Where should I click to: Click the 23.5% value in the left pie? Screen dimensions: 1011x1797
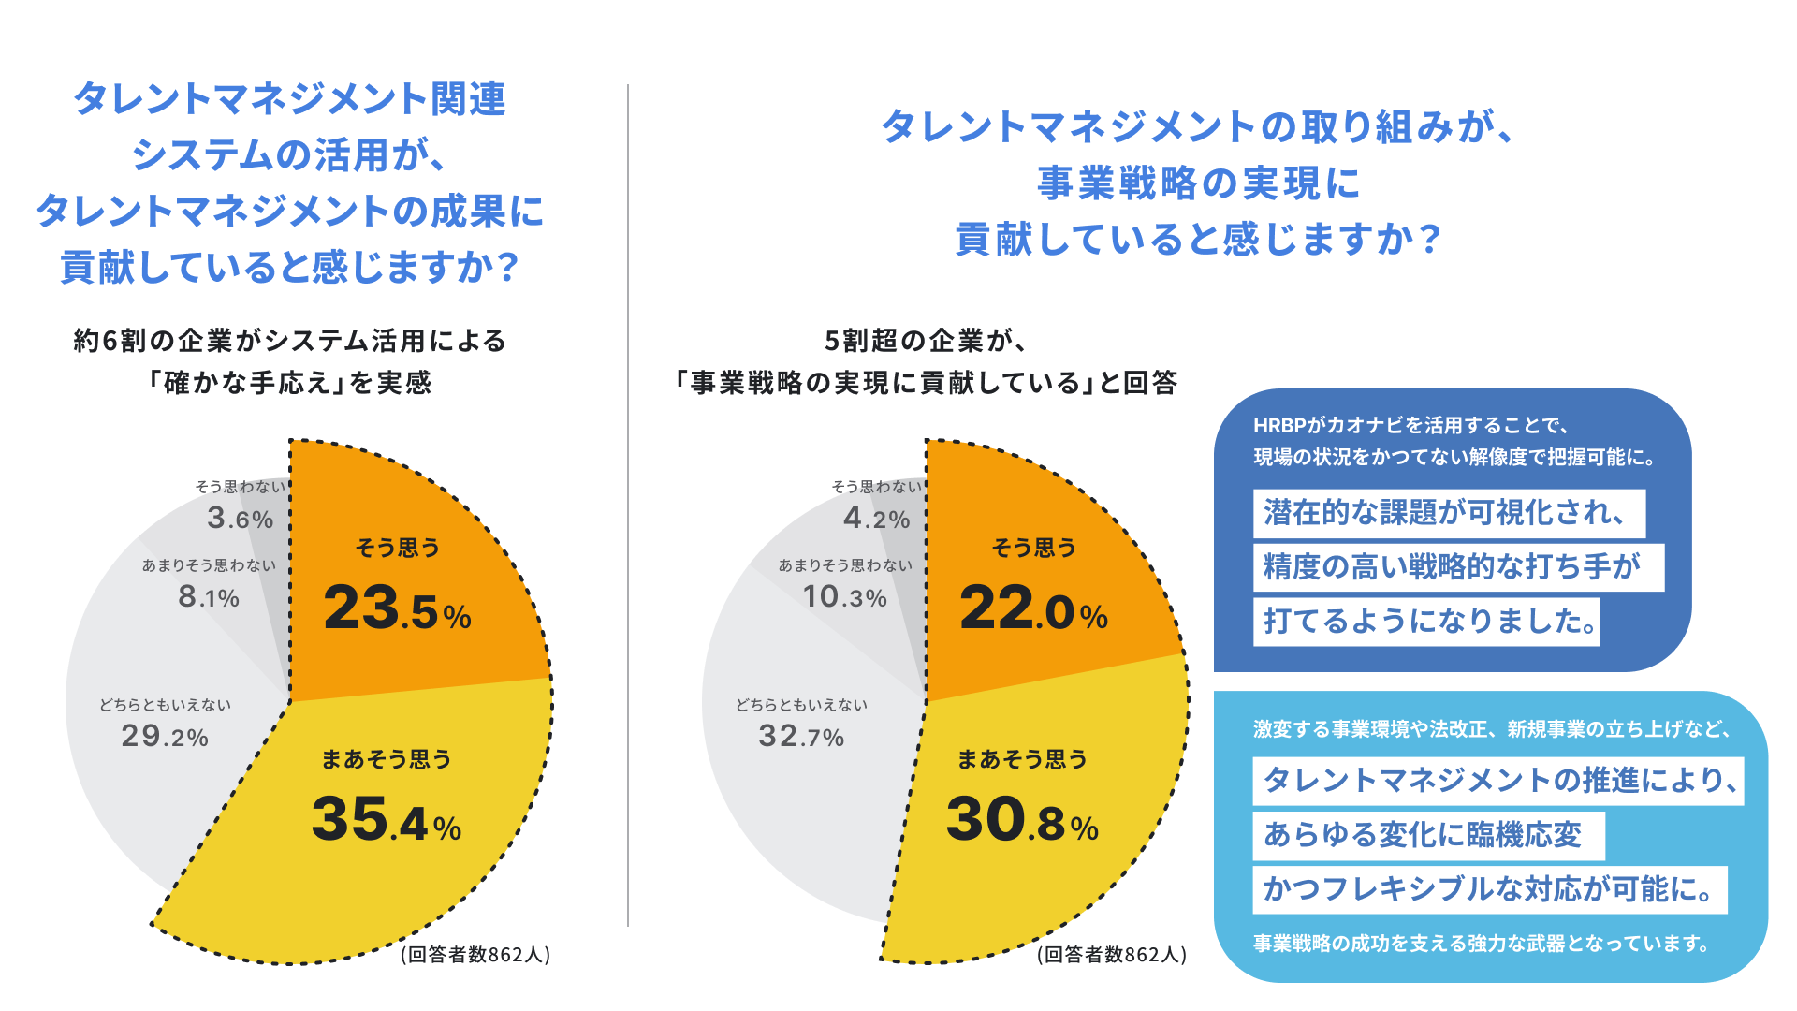tap(397, 608)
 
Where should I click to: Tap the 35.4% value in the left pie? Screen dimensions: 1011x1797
tap(386, 820)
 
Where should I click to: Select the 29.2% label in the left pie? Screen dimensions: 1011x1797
tap(165, 736)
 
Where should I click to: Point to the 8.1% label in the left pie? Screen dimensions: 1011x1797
tap(209, 596)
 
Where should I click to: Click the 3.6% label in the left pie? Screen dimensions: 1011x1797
tap(241, 518)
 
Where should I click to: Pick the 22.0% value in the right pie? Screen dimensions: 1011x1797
tap(1033, 608)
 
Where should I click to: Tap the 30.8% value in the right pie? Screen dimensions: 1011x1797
tap(1022, 820)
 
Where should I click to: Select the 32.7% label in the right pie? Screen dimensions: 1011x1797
tap(801, 736)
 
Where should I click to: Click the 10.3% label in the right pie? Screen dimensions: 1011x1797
tap(844, 596)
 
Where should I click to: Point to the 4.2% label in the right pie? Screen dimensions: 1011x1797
tap(877, 518)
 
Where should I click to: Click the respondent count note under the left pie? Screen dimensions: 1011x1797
tap(475, 954)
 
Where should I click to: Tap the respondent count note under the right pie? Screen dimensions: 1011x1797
tap(1112, 954)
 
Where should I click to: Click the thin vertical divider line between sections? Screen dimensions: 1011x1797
tap(628, 505)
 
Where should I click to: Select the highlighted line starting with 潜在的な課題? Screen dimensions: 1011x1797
tap(1448, 513)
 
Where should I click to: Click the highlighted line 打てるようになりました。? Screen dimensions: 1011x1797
tap(1425, 622)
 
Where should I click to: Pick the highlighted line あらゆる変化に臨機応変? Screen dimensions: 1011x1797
tap(1427, 835)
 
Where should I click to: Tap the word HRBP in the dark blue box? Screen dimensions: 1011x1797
tap(1278, 426)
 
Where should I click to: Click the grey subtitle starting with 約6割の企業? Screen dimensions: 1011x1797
tap(290, 341)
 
